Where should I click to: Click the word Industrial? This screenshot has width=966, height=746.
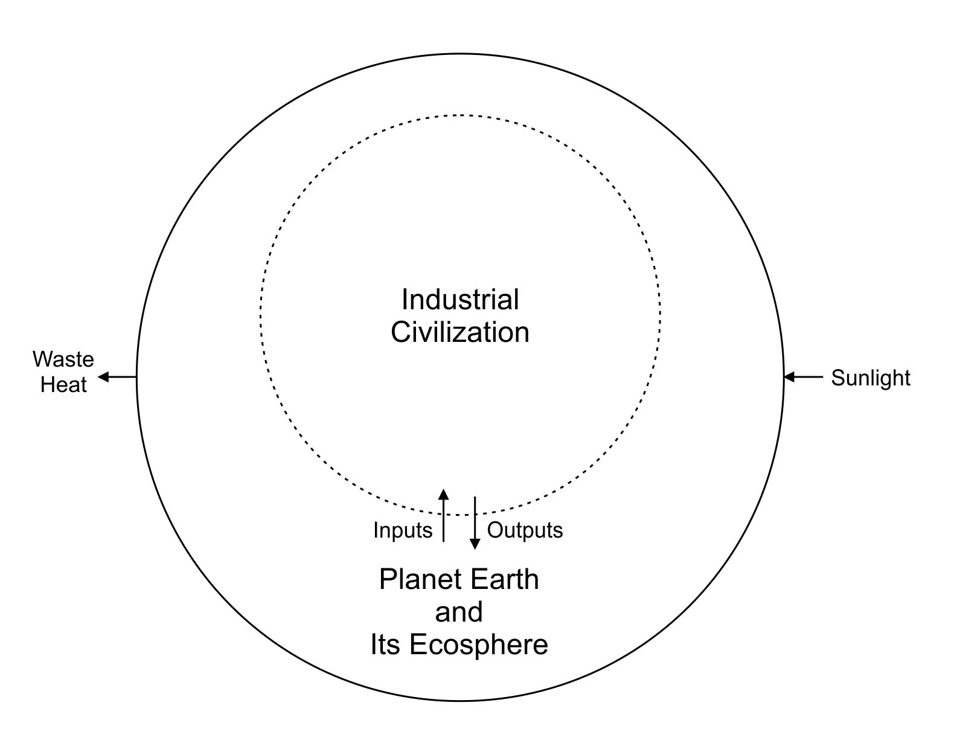coord(460,300)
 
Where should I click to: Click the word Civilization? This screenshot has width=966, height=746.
coord(460,333)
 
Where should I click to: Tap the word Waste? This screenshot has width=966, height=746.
coord(63,359)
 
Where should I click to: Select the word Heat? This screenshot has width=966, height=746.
coord(63,385)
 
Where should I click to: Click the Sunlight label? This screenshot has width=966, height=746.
coord(870,378)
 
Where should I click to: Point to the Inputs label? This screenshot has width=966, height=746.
coord(403,530)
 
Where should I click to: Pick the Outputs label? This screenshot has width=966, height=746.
coord(525,530)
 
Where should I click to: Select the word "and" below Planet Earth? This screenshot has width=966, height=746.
coord(459,612)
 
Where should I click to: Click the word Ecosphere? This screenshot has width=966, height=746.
coord(479,645)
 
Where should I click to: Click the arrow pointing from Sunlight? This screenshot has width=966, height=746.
coord(803,378)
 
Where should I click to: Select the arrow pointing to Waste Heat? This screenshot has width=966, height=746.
coord(118,378)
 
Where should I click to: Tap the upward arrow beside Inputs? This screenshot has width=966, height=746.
coord(444,516)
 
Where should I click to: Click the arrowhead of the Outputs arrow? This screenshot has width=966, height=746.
coord(475,544)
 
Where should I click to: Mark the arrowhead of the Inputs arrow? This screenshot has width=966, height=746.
coord(444,494)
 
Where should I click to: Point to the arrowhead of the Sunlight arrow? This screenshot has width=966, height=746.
coord(788,378)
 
